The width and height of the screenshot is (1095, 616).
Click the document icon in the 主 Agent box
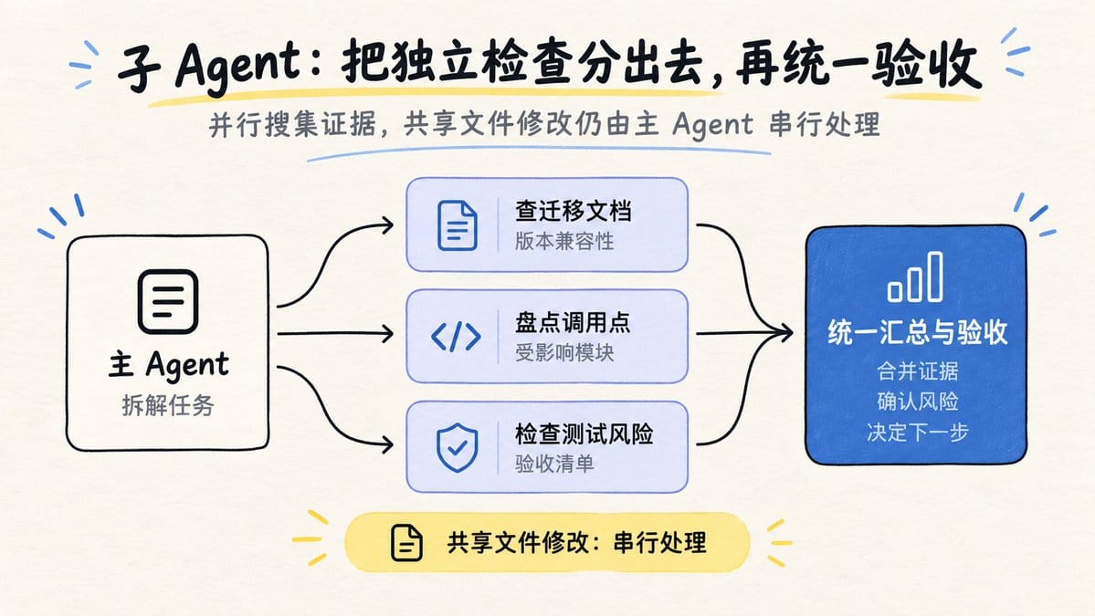coord(168,301)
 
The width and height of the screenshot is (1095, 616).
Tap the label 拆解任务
coord(168,405)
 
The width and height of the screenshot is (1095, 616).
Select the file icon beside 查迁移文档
coord(458,225)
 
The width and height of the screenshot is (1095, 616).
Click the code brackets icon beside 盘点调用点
coord(456,337)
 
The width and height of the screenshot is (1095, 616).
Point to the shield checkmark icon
coord(458,447)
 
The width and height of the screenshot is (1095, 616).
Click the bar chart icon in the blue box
coord(915,277)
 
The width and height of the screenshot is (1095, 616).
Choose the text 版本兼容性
coord(564,241)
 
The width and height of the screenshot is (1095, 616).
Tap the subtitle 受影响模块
coord(564,352)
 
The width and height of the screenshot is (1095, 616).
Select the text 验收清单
coord(554,464)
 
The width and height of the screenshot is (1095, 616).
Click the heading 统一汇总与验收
coord(918,332)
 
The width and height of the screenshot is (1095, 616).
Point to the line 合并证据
coord(918,371)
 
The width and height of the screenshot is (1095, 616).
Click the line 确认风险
coord(918,402)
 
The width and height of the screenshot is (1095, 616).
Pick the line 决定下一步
coord(918,432)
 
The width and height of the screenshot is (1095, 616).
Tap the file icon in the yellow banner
coord(407,543)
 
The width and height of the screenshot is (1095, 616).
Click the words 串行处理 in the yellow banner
coord(660,543)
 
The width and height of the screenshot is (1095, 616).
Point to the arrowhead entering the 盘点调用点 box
coord(386,333)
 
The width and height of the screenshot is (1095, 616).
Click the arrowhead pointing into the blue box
coord(785,333)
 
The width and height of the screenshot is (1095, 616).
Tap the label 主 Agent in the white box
coord(168,365)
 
